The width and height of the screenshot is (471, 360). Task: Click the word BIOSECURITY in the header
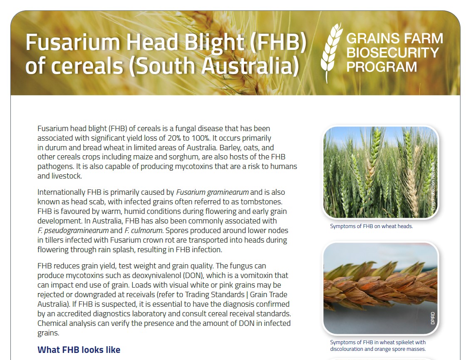click(393, 52)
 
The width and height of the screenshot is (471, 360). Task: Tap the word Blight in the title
click(214, 42)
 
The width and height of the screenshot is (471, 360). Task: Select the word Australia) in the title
click(250, 65)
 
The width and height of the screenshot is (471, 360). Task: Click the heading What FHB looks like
click(79, 350)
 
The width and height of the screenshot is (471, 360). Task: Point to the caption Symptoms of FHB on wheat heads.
click(371, 226)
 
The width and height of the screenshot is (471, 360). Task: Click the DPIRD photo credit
click(433, 318)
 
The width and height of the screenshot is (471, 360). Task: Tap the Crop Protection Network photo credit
click(433, 186)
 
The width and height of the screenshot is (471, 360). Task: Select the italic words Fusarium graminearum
click(212, 192)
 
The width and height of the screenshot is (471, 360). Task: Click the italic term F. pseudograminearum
click(73, 231)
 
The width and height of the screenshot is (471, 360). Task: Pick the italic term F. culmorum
click(144, 231)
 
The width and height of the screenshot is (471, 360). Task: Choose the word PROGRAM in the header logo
click(382, 67)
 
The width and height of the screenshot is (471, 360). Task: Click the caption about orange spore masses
click(378, 345)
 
